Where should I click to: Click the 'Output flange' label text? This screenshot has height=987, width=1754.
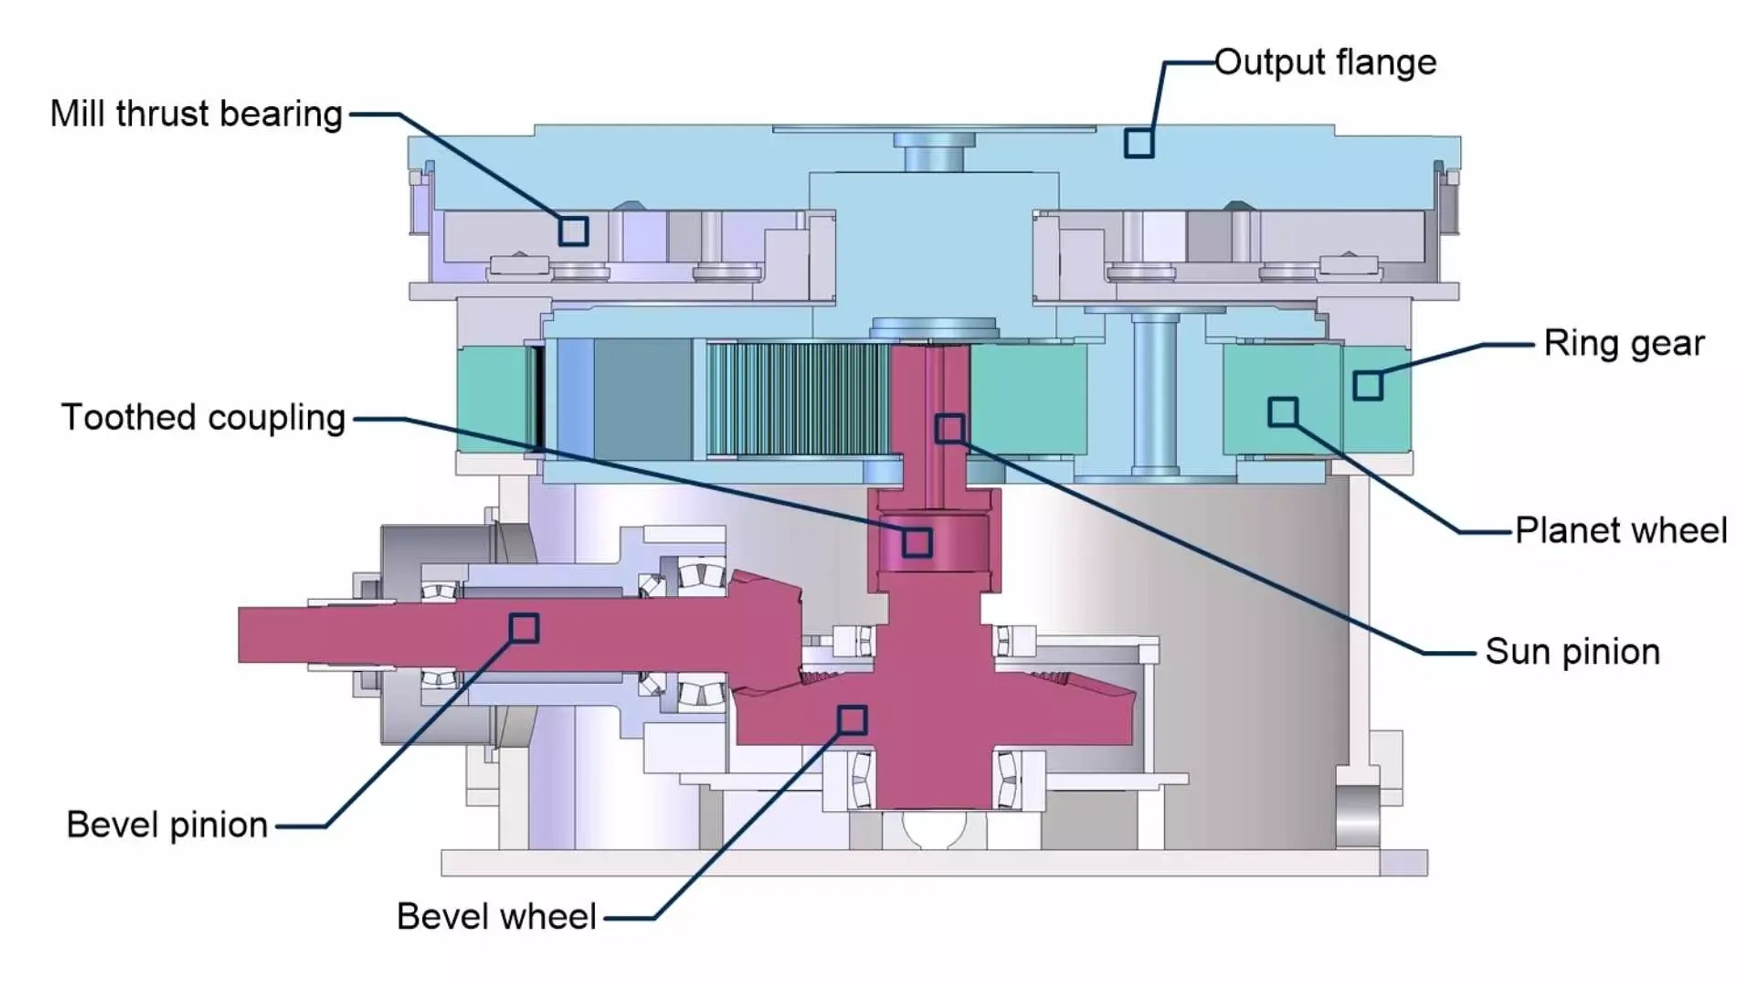pos(1325,63)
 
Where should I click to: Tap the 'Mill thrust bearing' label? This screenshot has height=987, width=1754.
pos(196,114)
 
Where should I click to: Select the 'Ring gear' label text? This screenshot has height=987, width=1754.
pos(1624,343)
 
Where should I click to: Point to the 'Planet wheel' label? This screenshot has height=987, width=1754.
pos(1621,531)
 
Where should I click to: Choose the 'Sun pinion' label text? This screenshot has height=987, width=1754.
pos(1572,652)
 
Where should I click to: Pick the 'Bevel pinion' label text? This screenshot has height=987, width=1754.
pos(167,825)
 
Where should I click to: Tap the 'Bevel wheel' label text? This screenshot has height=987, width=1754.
pos(497,917)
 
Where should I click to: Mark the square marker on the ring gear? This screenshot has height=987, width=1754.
pos(1367,386)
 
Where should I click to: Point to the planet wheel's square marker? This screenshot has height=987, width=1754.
pos(1283,412)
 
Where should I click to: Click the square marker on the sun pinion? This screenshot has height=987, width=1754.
pos(950,429)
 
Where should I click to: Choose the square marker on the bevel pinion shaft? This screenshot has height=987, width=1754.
pos(523,628)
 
